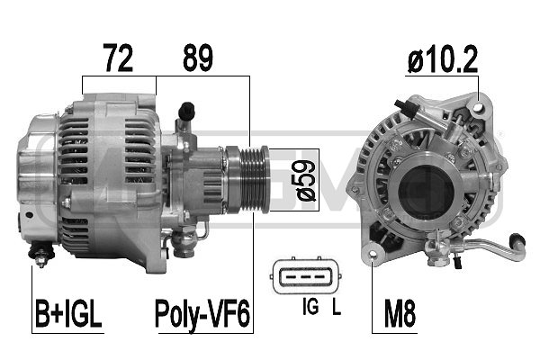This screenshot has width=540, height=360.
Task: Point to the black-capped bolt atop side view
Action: click(187, 111)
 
